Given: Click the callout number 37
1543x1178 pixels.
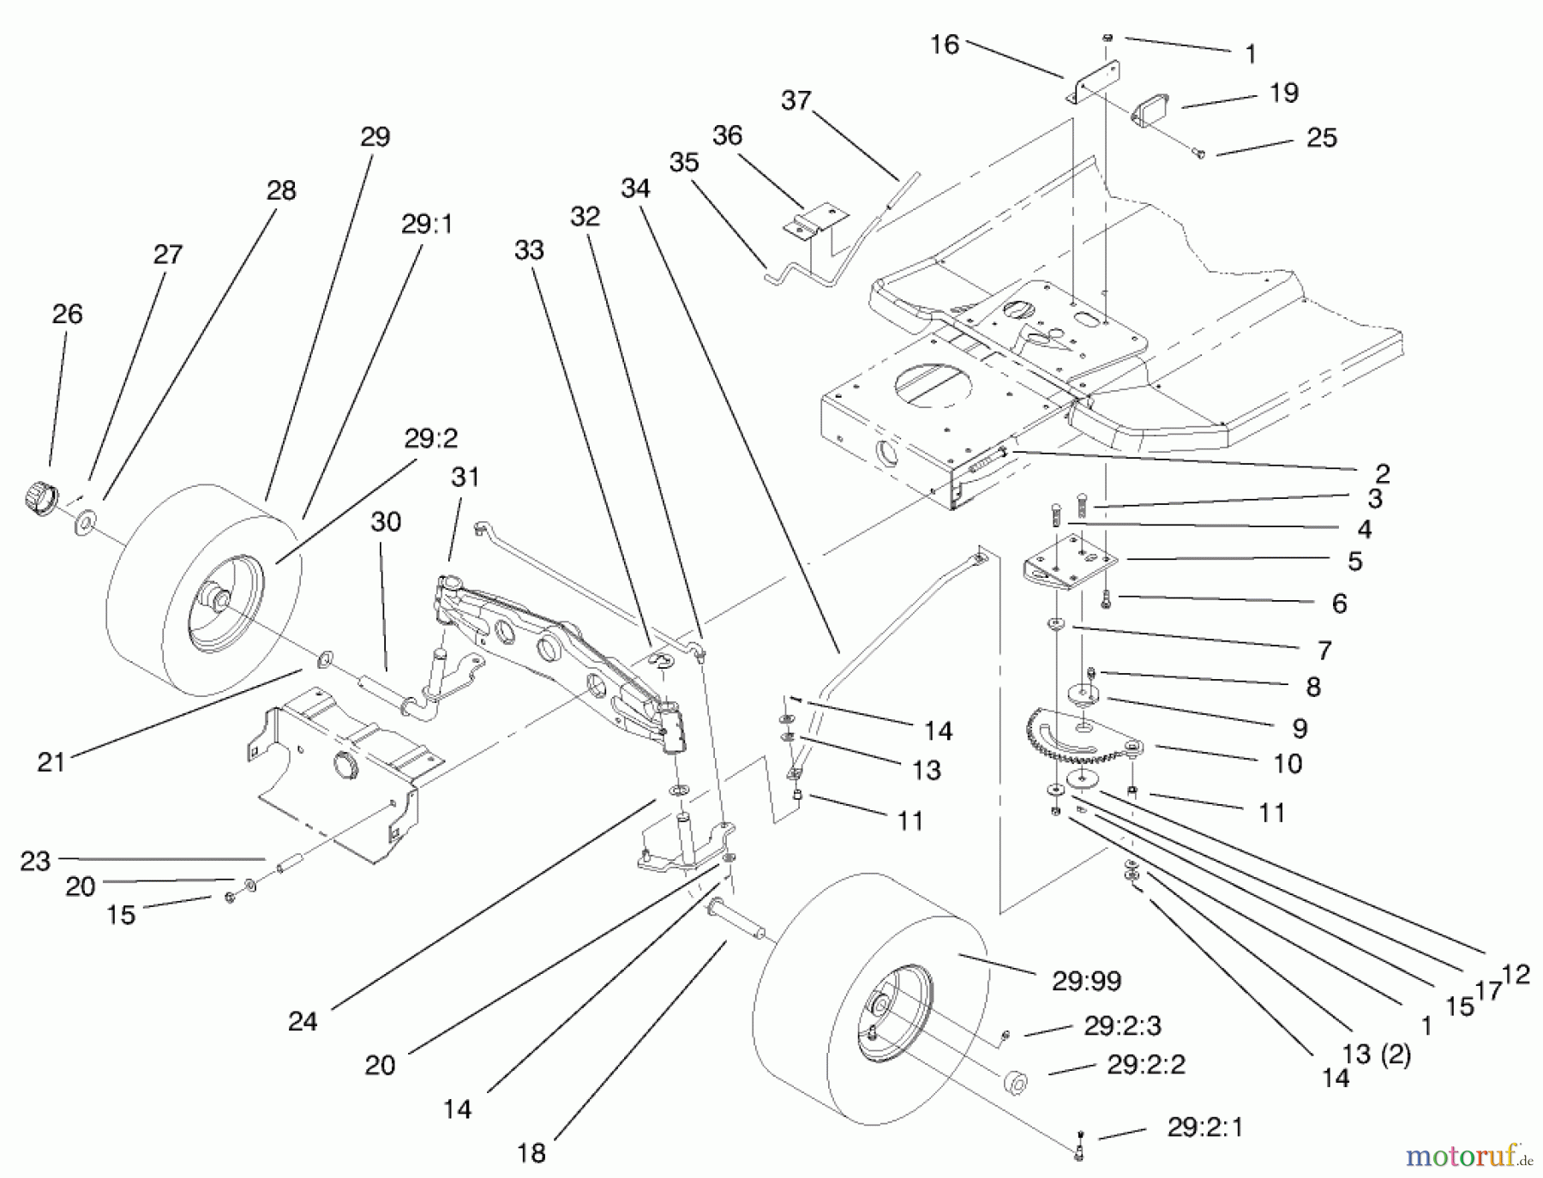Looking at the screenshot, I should (x=796, y=101).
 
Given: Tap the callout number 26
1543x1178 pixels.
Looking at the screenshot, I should (x=67, y=314).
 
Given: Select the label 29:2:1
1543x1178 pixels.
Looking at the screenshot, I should (x=1204, y=1127).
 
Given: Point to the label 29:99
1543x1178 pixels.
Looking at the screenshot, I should (x=1086, y=980).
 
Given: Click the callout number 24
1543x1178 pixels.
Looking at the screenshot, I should (x=303, y=1021).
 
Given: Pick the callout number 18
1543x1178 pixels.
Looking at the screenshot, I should (x=531, y=1153).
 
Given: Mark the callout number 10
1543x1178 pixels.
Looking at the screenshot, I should (x=1288, y=763).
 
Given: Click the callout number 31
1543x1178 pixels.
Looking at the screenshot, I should (x=465, y=477).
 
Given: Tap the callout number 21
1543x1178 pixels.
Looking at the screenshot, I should (x=51, y=761).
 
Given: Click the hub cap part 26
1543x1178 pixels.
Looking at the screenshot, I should (x=39, y=497).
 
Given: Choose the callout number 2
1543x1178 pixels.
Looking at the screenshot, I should (x=1381, y=472).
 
